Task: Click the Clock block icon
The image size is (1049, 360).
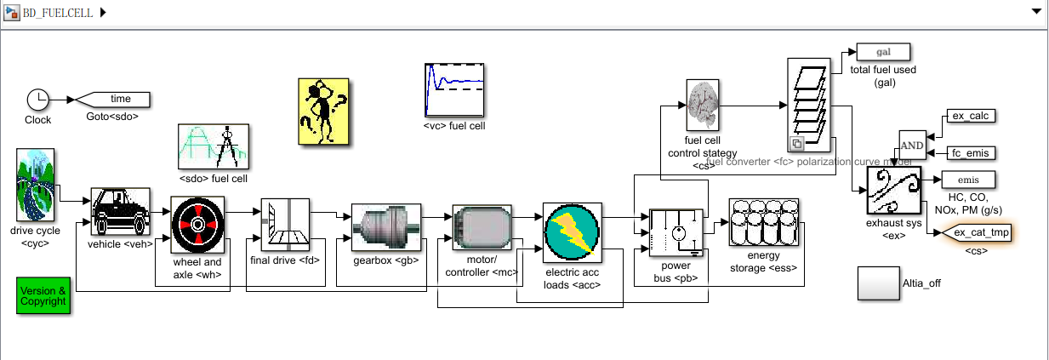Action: click(x=38, y=99)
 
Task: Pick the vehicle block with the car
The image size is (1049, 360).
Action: click(x=120, y=210)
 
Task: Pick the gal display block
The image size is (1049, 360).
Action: click(x=882, y=52)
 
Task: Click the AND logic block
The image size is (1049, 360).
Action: click(x=911, y=145)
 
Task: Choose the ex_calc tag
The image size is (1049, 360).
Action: click(x=970, y=117)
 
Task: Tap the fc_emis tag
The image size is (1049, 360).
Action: click(x=970, y=153)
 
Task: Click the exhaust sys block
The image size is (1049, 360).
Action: click(x=893, y=189)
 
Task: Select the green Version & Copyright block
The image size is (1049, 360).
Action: click(x=43, y=295)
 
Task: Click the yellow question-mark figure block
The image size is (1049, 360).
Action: click(x=323, y=111)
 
